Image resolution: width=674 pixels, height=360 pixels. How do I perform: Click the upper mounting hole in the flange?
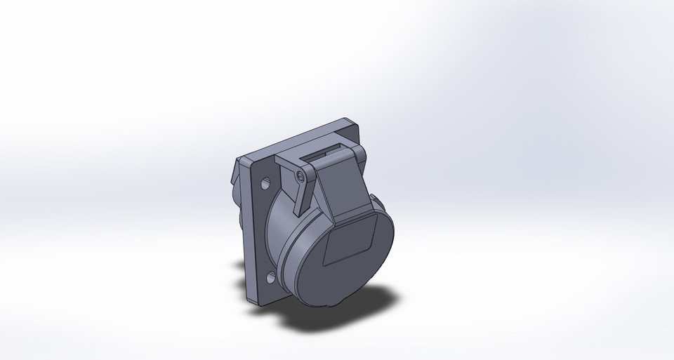click(267, 185)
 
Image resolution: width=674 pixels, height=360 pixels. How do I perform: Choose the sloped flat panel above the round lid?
click(341, 189)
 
